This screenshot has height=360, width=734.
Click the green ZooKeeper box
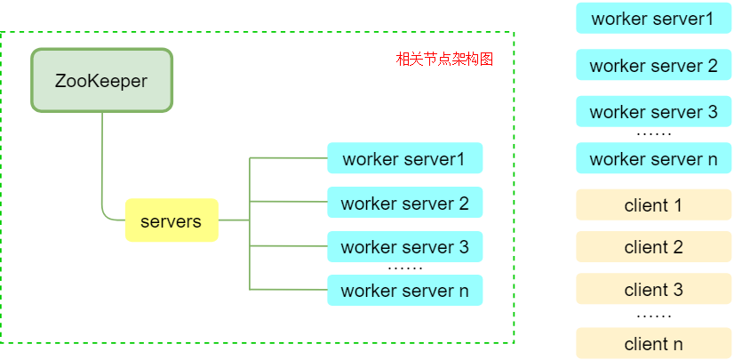point(101,80)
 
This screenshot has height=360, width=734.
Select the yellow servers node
point(172,220)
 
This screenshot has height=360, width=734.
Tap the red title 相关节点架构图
point(443,60)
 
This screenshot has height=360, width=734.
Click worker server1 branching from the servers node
point(404,158)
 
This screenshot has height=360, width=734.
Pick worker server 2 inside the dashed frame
point(404,203)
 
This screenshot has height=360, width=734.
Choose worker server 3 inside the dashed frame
point(404,246)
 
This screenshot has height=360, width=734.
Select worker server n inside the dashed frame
point(404,290)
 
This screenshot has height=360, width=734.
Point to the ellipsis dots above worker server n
point(404,267)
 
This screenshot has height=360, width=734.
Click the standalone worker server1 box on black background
point(653,18)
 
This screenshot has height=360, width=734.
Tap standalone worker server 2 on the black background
point(653,65)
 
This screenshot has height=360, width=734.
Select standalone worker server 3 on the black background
point(653,112)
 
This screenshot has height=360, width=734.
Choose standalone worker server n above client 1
point(653,159)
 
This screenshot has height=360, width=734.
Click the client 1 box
point(653,204)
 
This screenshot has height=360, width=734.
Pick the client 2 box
point(653,247)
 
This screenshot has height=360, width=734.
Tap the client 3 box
point(653,289)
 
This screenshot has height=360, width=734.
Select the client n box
point(653,343)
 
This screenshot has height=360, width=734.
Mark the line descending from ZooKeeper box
point(102,160)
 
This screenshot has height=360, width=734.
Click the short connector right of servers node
point(233,220)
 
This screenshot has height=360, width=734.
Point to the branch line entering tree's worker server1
point(289,158)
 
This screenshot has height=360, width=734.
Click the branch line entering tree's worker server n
point(289,289)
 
